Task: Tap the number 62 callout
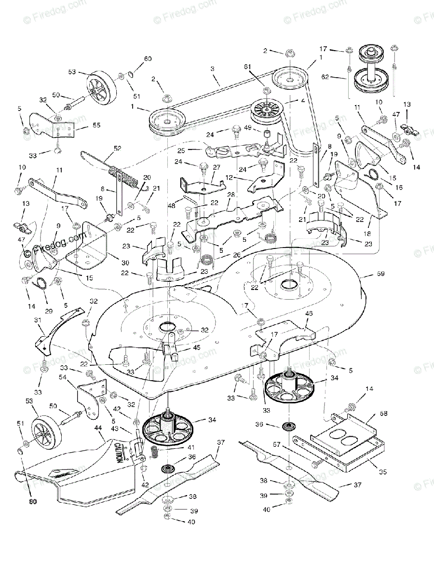point(326,76)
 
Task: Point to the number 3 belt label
point(213,69)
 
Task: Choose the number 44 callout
point(98,428)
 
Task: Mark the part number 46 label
point(309,314)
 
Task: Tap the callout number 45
point(197,348)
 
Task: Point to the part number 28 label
point(231,194)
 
